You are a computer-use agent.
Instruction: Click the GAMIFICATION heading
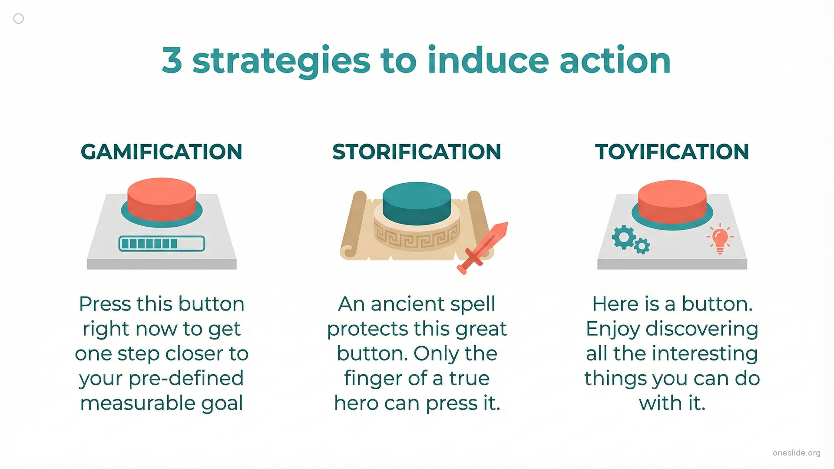click(x=162, y=152)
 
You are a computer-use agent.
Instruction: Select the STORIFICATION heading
click(x=417, y=152)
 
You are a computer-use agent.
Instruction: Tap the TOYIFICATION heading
click(x=672, y=152)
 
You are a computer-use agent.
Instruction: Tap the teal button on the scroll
click(x=417, y=203)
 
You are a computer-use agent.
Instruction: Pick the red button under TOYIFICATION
click(x=672, y=201)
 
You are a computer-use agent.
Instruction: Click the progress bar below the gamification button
click(x=162, y=244)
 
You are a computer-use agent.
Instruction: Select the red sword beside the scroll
click(x=482, y=248)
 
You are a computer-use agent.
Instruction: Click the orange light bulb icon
click(x=720, y=238)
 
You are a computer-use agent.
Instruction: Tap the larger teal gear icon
click(x=624, y=237)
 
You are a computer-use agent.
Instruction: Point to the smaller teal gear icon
click(x=642, y=246)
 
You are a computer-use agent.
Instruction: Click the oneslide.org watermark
click(x=797, y=453)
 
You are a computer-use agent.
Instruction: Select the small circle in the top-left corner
click(x=19, y=18)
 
